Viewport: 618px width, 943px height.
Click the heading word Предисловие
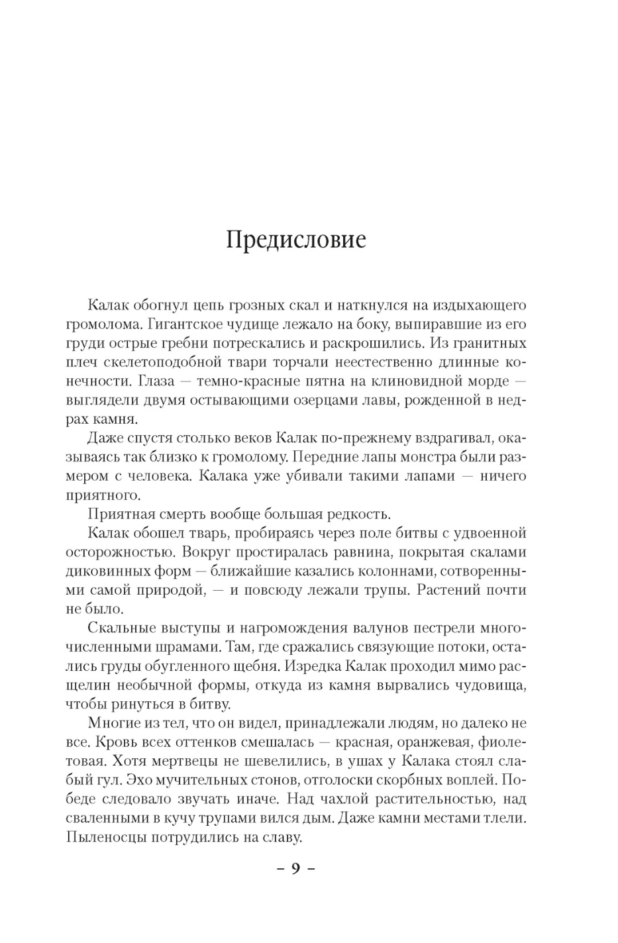click(x=295, y=239)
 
